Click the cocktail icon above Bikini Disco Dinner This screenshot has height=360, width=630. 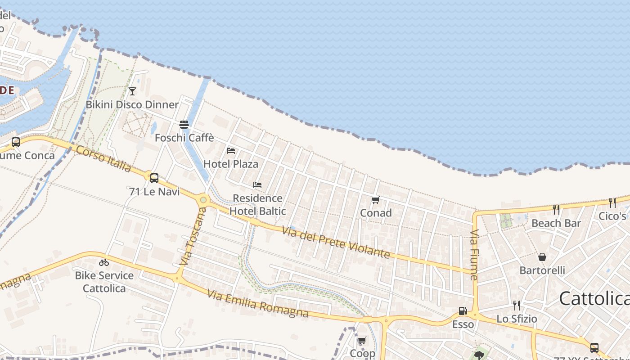[132, 91]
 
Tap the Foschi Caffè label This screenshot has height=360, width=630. [184, 138]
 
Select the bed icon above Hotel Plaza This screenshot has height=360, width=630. [231, 150]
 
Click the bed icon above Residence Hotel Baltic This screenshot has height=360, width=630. [257, 184]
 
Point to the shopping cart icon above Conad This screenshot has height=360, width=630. [375, 200]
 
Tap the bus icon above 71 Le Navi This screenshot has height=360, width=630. [154, 178]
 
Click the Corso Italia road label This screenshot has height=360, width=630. [103, 159]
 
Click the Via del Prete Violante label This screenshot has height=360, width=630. [336, 242]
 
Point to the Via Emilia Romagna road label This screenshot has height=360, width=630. [258, 303]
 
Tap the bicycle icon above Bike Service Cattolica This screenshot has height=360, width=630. [104, 262]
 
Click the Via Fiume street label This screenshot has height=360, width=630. [474, 255]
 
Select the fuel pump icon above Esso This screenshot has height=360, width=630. [463, 311]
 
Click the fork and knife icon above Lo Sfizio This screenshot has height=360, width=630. [517, 306]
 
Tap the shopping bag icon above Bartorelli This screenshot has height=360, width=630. [542, 257]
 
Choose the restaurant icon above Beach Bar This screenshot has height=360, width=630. [556, 209]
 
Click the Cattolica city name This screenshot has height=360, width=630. [594, 298]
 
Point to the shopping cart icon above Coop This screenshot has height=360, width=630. [362, 340]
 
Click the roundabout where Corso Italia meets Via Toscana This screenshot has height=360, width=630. [203, 199]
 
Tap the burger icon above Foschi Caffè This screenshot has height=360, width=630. [184, 124]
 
